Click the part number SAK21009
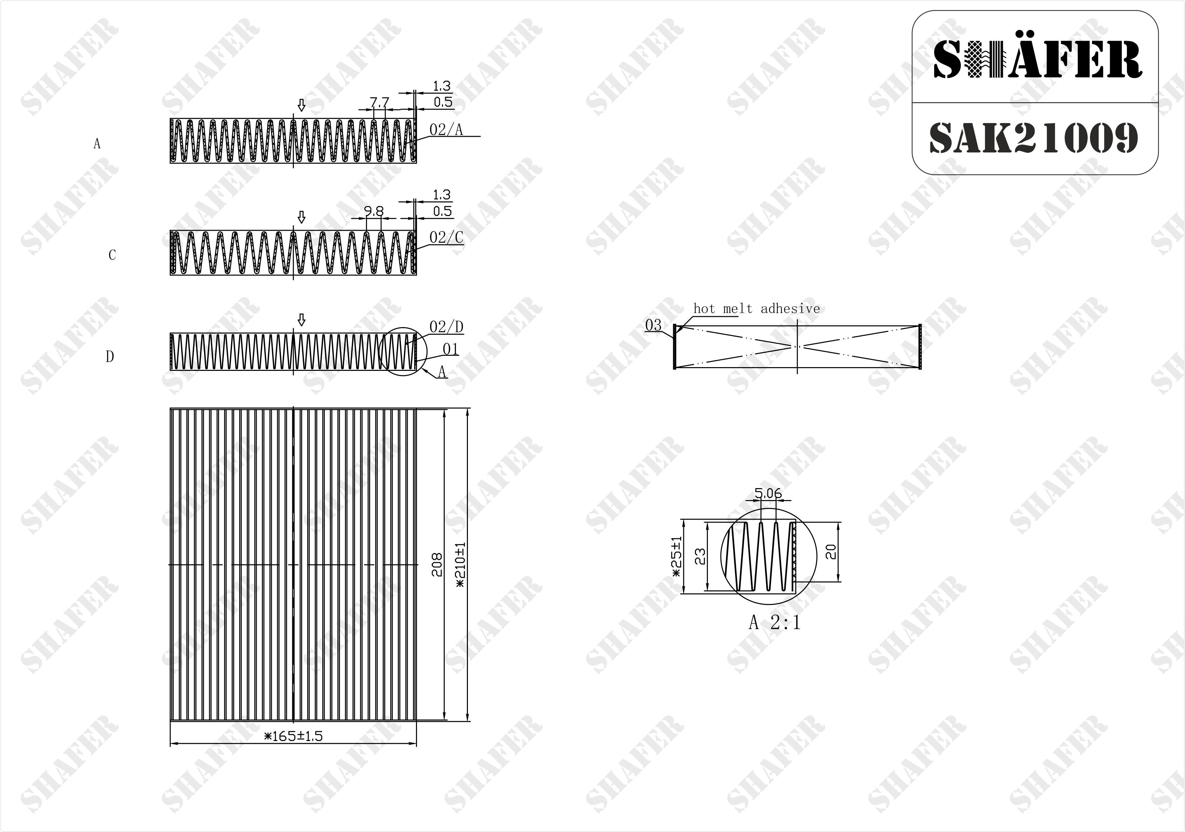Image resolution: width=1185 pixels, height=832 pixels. pyautogui.click(x=1034, y=138)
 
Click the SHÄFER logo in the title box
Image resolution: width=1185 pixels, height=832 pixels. pyautogui.click(x=1037, y=60)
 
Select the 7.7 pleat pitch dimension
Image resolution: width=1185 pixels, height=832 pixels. pyautogui.click(x=379, y=102)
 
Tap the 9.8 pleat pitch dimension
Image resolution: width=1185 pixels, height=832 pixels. pyautogui.click(x=374, y=211)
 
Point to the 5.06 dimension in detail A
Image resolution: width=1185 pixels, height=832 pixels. pyautogui.click(x=768, y=493)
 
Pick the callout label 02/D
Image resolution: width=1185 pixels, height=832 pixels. pyautogui.click(x=446, y=327)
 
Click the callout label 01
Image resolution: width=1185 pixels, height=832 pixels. pyautogui.click(x=450, y=349)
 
